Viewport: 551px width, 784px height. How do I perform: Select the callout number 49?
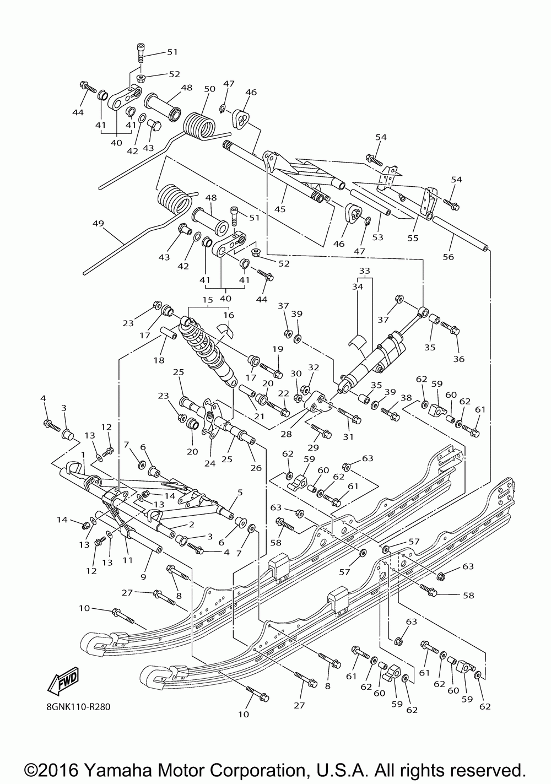(99, 223)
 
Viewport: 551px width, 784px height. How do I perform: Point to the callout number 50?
(209, 89)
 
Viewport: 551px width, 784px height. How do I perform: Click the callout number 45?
(280, 209)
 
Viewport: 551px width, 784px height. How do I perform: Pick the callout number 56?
(448, 257)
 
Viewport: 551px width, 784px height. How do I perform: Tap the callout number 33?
(364, 271)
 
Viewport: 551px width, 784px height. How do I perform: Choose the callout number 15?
(208, 300)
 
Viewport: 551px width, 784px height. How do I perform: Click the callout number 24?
(210, 463)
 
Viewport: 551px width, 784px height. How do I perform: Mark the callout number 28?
(286, 434)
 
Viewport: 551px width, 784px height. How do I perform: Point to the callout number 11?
(127, 560)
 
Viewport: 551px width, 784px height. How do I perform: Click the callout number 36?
(458, 359)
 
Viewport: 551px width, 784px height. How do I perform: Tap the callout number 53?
(378, 237)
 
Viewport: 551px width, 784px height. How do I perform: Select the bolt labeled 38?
(390, 414)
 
